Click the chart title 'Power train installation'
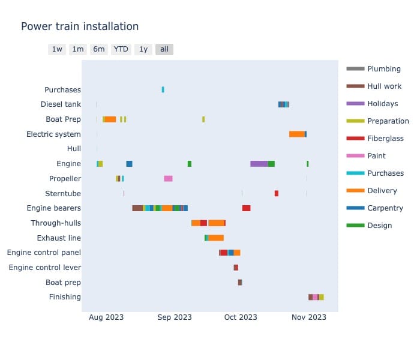click(x=80, y=26)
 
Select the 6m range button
click(x=99, y=49)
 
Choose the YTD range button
click(x=121, y=49)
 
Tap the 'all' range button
click(x=164, y=49)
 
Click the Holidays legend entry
click(x=382, y=104)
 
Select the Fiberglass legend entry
click(x=385, y=139)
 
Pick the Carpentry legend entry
click(x=385, y=208)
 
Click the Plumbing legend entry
click(x=384, y=69)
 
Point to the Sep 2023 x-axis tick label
click(x=175, y=317)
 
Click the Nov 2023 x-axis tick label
click(x=309, y=317)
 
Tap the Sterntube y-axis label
click(x=62, y=194)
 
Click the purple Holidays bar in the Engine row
click(x=259, y=164)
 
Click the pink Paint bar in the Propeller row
click(x=168, y=179)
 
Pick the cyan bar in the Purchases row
click(x=163, y=90)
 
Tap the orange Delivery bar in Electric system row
click(x=296, y=134)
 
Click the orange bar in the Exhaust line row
click(x=216, y=238)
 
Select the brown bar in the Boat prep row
click(x=240, y=283)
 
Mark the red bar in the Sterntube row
click(x=277, y=193)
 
